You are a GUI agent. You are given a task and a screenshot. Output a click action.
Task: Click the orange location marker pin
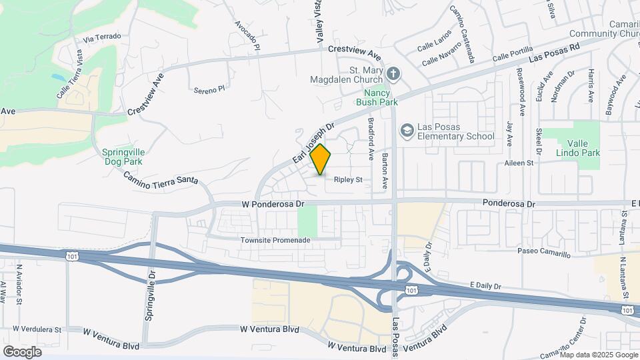click(321, 159)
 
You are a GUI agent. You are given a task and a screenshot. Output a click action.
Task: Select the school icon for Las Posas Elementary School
click(406, 131)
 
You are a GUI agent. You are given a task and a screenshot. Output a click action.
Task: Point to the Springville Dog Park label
click(123, 156)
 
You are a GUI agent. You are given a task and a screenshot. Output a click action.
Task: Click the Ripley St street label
click(348, 180)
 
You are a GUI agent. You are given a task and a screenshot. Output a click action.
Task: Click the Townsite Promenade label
click(276, 239)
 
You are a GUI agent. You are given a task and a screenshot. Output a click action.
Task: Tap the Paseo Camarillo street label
click(544, 254)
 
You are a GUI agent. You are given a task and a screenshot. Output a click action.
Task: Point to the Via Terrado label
click(102, 37)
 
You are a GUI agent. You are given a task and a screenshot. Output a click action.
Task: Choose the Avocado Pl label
click(246, 33)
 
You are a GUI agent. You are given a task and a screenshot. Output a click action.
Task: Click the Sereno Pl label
click(210, 88)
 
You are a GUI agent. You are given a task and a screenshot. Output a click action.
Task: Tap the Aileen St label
click(520, 163)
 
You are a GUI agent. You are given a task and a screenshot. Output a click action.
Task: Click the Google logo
click(22, 351)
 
